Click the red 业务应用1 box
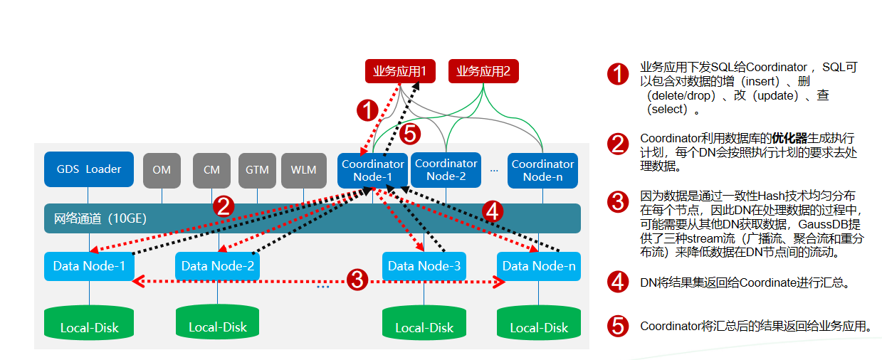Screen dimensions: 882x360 (x=400, y=71)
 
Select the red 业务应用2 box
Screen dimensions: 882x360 (x=483, y=71)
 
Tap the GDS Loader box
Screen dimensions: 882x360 (x=89, y=169)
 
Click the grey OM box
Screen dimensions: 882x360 (x=162, y=170)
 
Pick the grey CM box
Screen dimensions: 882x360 (x=211, y=170)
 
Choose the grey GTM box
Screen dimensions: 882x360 (x=257, y=170)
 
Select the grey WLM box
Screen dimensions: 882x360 (x=303, y=170)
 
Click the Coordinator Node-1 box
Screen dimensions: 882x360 (x=372, y=170)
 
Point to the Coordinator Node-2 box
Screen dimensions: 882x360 (x=446, y=170)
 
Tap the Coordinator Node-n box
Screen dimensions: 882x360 (x=542, y=170)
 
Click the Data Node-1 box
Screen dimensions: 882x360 (x=90, y=266)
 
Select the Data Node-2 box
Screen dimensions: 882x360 (x=217, y=266)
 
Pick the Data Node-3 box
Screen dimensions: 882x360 (x=424, y=266)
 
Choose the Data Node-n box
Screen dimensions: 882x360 (x=539, y=266)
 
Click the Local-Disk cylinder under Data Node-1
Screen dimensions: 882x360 (x=89, y=322)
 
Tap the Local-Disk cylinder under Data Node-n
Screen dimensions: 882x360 (x=539, y=322)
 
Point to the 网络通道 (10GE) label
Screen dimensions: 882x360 (x=100, y=218)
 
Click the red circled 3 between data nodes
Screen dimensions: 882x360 (x=357, y=280)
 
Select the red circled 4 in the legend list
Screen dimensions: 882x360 (x=618, y=282)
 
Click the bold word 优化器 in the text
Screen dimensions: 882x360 (x=789, y=139)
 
